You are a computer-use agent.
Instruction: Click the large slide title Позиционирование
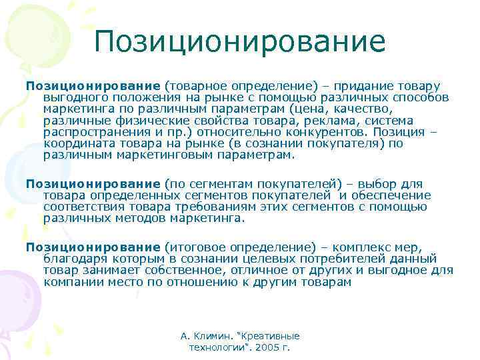(240, 41)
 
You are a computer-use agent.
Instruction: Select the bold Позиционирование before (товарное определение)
(93, 86)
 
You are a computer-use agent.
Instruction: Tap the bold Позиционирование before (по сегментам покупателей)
(93, 183)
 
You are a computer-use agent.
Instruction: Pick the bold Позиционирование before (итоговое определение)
(93, 246)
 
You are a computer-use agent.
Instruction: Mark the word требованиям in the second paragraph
(224, 206)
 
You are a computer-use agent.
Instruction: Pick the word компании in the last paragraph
(72, 281)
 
